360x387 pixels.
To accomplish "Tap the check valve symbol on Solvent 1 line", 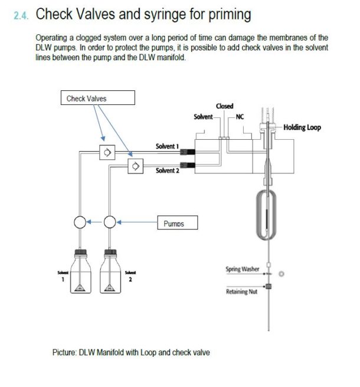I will coord(107,152).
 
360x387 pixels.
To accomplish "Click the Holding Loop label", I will coord(302,127).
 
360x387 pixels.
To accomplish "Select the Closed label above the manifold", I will coord(225,106).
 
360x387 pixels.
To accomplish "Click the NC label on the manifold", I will coord(240,116).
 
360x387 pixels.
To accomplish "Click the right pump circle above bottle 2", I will coord(109,222).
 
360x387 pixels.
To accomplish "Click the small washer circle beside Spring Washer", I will coord(282,274).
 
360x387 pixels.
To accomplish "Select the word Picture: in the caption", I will coord(64,352).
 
